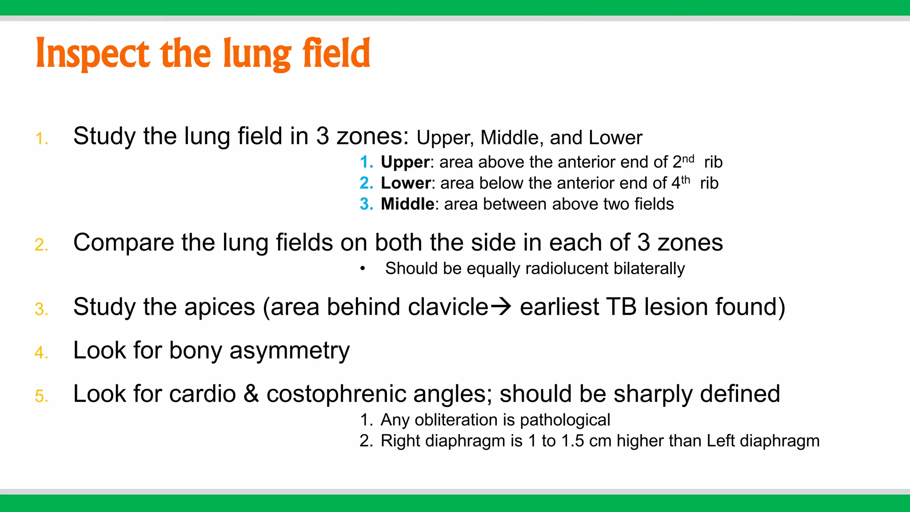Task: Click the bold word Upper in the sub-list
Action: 405,162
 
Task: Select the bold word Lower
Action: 406,183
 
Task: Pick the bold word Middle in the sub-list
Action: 407,204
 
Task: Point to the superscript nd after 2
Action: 688,159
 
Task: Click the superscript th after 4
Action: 686,180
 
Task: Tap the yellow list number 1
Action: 41,139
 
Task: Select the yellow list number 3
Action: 41,309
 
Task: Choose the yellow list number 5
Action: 41,396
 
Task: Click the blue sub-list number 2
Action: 366,183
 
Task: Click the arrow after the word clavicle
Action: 501,307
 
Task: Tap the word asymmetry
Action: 289,351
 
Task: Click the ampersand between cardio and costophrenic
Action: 251,394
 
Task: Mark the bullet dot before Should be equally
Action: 363,268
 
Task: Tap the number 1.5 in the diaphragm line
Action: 572,441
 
